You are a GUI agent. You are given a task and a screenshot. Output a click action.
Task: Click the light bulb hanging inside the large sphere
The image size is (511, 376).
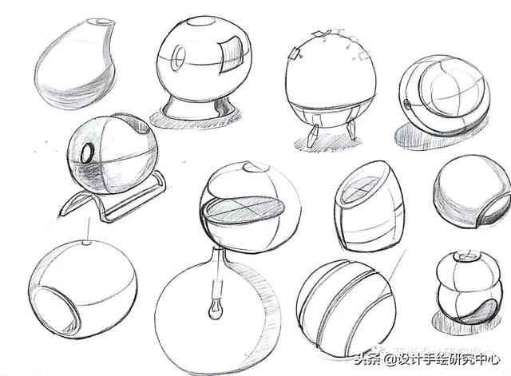pos(215,309)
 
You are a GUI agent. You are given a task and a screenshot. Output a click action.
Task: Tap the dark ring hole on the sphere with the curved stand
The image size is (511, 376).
pos(87,152)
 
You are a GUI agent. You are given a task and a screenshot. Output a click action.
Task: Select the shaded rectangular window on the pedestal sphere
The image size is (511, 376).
pos(232,54)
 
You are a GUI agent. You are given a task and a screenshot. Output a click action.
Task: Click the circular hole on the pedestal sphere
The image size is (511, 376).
pos(177,58)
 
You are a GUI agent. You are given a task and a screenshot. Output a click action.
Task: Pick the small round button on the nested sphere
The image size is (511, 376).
pos(406,105)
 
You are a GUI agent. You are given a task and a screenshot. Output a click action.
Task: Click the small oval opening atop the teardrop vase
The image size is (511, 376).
pos(104,22)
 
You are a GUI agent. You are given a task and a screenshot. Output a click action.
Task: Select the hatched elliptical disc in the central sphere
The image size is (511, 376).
pos(244,209)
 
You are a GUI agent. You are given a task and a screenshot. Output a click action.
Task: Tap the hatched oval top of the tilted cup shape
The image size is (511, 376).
pos(362,190)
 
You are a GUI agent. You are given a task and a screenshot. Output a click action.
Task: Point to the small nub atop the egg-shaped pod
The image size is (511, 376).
pos(86,243)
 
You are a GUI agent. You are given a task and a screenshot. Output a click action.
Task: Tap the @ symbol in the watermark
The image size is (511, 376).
pos(390,360)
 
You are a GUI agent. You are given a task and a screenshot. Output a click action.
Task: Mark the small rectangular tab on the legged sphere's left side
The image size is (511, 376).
pos(294,53)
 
